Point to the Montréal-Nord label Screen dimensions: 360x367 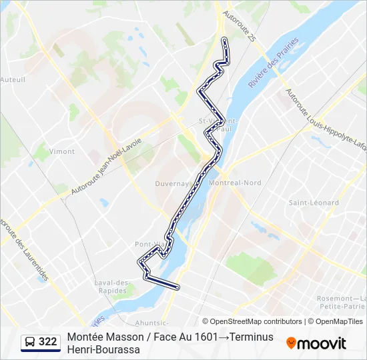(x=234, y=183)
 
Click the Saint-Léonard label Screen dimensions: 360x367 (x=314, y=203)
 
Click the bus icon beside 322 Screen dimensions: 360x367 (x=29, y=343)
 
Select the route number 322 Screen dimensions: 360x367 (x=47, y=343)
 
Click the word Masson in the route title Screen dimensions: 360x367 (x=121, y=337)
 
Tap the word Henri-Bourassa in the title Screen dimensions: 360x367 (x=103, y=350)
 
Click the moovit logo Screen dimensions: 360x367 (x=316, y=343)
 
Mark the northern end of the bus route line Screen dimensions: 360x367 (x=224, y=40)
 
